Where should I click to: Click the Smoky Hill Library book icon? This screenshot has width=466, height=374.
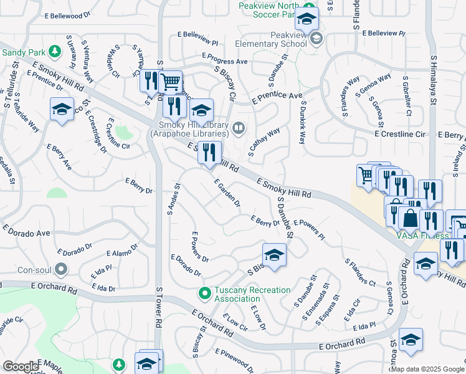click(237, 129)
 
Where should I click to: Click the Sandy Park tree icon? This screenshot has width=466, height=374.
click(54, 50)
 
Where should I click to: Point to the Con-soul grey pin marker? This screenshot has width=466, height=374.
click(60, 270)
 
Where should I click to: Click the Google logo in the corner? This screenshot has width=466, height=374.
click(21, 367)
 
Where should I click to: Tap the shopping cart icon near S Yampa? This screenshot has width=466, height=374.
click(170, 82)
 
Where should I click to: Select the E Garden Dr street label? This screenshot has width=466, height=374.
click(227, 193)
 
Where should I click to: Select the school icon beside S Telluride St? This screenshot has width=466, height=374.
click(61, 110)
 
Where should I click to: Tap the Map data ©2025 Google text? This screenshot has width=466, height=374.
click(427, 369)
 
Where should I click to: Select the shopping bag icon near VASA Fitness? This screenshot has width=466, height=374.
click(411, 218)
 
